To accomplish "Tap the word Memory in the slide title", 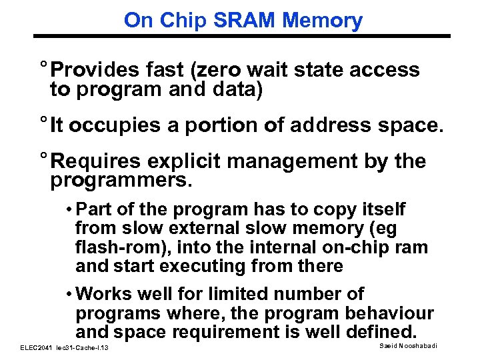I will point(323,20).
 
